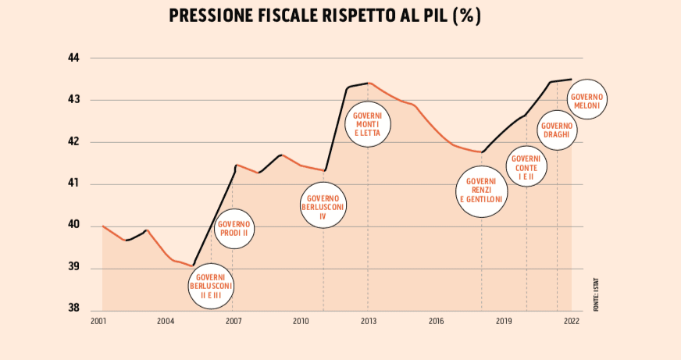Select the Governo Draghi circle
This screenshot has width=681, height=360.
[x=558, y=129]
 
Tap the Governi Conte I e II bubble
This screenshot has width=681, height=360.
[x=526, y=166]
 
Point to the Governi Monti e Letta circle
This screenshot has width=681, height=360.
[x=368, y=125]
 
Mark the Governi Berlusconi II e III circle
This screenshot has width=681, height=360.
[x=211, y=287]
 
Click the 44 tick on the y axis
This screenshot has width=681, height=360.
[x=74, y=58]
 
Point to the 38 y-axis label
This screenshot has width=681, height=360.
[x=74, y=308]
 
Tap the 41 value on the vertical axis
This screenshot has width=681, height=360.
[x=74, y=184]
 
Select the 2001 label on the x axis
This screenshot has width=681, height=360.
[x=98, y=321]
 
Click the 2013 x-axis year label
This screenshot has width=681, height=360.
[x=369, y=321]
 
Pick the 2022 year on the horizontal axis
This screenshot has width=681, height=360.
[x=572, y=321]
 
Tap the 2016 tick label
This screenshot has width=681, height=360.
[x=436, y=321]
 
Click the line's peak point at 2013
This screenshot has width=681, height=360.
[x=369, y=82]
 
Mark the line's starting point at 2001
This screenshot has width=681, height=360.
[x=103, y=226]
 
